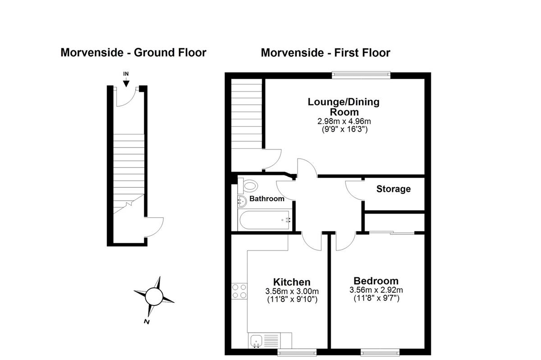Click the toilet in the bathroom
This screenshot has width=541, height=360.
pos(248,186)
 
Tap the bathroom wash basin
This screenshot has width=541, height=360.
pos(242,201)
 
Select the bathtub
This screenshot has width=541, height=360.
pos(265,220)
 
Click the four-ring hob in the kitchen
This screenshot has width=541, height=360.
pos(239,291)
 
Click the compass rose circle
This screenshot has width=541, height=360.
pos(154,296)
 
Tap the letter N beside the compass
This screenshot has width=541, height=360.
pos(147,322)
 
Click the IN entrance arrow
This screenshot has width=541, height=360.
pos(126,82)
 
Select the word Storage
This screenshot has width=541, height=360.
pos(394,189)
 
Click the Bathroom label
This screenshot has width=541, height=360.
pos(266,199)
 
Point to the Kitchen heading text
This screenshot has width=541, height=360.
pos(292,282)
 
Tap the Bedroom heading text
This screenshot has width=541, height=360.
pos(376,281)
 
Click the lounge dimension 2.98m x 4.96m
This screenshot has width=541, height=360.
pos(344,121)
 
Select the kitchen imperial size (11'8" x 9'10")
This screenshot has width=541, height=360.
pos(292,299)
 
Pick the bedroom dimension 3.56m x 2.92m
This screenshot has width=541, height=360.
pos(376,290)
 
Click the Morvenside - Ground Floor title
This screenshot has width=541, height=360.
pos(133,52)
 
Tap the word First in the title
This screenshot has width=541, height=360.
pos(345,53)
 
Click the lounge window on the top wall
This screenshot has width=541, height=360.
pos(361,75)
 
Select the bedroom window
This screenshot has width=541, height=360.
pos(380,352)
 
